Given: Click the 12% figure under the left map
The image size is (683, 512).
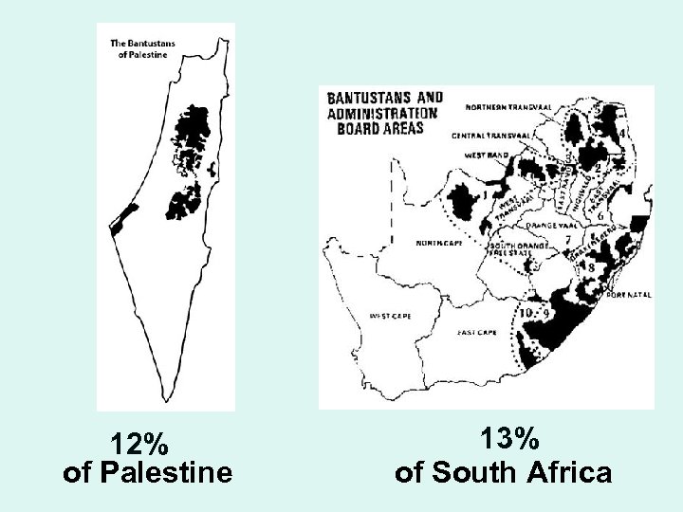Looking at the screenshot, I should point(139,444).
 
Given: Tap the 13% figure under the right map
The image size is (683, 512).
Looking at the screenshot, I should point(509,440).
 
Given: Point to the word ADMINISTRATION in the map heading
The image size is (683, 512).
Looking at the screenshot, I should point(382,113).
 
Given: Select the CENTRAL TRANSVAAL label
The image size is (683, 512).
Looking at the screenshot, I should point(489,136).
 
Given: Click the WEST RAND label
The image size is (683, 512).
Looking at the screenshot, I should point(487,155).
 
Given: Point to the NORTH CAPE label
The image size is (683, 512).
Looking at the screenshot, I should point(436,244).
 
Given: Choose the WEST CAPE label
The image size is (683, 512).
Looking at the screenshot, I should point(390,316).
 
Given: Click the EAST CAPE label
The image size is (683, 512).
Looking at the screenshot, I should point(478,333).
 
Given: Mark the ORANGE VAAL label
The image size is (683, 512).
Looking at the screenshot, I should point(549,226).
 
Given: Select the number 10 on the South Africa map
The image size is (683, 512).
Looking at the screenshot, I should point(526,312).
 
